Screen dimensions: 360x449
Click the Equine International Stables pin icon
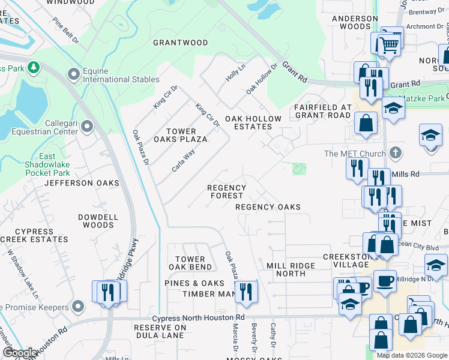74,74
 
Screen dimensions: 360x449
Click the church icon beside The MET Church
394,154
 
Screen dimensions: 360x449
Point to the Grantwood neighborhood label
180,43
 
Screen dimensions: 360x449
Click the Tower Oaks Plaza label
187,135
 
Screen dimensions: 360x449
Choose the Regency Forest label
226,191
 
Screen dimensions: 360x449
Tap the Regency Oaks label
268,207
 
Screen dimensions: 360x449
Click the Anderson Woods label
355,22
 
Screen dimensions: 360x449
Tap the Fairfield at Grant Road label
322,111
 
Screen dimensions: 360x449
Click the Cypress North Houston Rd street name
198,317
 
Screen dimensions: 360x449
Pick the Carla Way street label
183,161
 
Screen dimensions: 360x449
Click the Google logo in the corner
20,352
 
